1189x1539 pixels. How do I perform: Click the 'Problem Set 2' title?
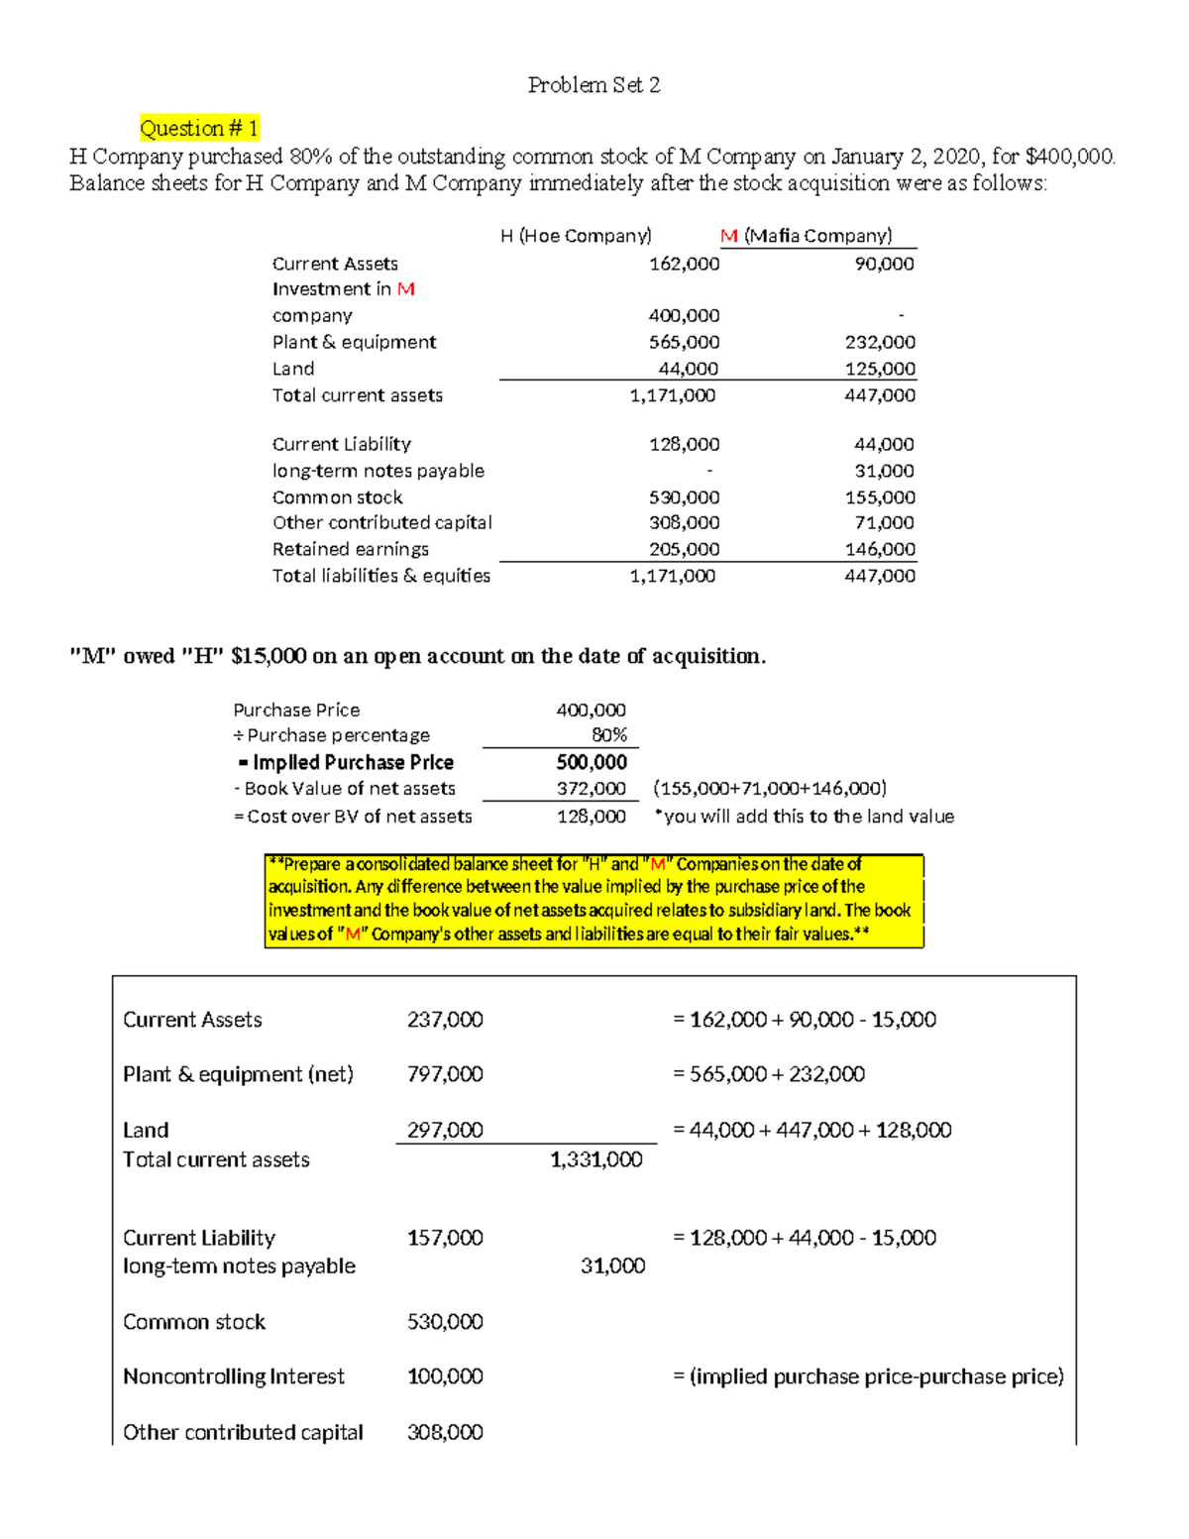click(594, 85)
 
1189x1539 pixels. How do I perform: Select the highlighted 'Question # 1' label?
click(199, 128)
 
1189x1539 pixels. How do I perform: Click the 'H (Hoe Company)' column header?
click(576, 236)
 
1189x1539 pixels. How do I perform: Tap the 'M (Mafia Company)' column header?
click(806, 236)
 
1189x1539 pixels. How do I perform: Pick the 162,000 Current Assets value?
click(684, 264)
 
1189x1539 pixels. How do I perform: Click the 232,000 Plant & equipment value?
click(880, 342)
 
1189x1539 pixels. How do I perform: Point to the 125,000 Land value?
click(880, 369)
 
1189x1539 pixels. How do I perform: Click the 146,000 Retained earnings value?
click(880, 549)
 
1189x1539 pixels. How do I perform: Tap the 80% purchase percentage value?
click(608, 735)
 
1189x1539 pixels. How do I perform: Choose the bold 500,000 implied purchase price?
click(592, 762)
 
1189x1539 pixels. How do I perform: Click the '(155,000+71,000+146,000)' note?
click(770, 789)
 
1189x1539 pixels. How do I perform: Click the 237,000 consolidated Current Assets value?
click(445, 1020)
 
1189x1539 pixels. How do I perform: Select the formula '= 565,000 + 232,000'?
click(769, 1074)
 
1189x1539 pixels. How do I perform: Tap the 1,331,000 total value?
click(596, 1159)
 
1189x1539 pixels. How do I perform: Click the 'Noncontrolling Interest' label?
click(234, 1376)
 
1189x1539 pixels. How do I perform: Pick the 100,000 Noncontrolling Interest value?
click(445, 1376)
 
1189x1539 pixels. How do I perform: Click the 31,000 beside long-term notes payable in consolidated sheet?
click(612, 1265)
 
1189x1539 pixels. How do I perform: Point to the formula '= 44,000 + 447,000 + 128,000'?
click(812, 1130)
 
